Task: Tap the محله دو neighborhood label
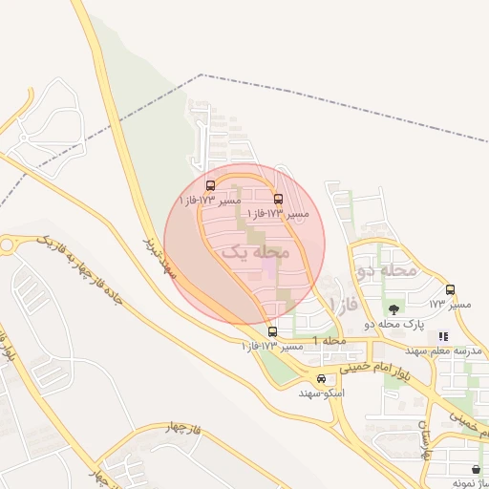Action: [x=387, y=269]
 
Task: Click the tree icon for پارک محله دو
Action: [x=394, y=308]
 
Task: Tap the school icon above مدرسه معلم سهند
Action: [x=442, y=336]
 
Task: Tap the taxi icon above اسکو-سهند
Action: [x=321, y=378]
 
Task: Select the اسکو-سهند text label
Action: [x=321, y=393]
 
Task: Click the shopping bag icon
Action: [x=476, y=467]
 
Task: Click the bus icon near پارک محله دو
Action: [x=451, y=289]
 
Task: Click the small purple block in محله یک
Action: [x=268, y=271]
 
